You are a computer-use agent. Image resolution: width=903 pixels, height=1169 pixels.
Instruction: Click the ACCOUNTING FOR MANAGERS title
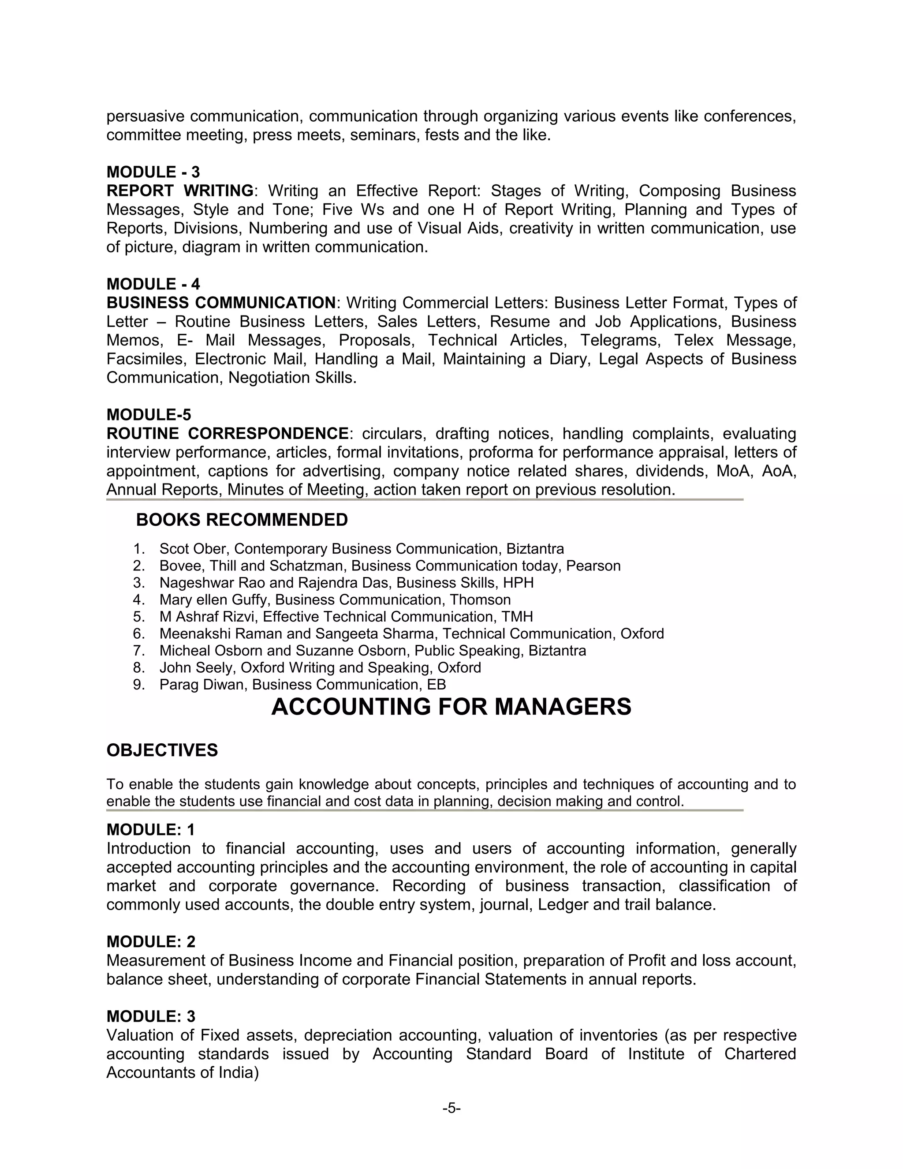coord(451,707)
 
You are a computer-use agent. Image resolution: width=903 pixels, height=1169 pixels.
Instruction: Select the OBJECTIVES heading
coord(162,750)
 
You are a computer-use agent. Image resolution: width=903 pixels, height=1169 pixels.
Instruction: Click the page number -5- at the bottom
coord(451,1108)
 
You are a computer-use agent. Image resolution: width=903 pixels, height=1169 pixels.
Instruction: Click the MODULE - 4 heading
coord(153,284)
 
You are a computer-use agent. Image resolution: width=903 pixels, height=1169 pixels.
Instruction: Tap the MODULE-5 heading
coord(149,415)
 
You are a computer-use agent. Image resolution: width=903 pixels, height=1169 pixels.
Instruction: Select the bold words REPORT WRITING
coord(180,191)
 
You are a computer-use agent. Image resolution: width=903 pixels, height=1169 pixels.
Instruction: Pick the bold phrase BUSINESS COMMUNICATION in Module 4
coord(221,303)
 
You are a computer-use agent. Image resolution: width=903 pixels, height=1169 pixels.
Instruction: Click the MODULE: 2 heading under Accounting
coord(151,941)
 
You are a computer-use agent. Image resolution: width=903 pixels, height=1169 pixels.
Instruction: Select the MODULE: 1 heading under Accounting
coord(151,830)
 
